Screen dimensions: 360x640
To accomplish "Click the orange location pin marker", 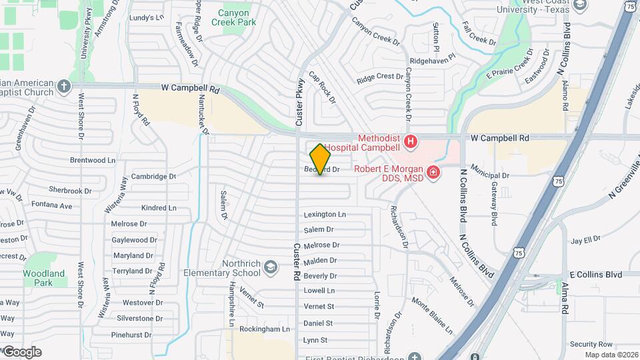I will (x=321, y=159).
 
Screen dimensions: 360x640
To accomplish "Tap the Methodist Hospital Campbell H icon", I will (x=411, y=141).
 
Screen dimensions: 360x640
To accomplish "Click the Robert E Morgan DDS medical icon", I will (x=433, y=173).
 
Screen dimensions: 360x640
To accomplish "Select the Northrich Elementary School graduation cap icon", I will (x=271, y=268).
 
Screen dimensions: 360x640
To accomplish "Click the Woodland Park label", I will (x=44, y=277).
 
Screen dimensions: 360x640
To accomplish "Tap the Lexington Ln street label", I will (x=325, y=215).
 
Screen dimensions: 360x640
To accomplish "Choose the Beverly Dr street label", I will (x=320, y=276).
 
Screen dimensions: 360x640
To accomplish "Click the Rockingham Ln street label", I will (x=265, y=329).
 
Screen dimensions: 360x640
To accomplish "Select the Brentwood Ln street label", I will (x=93, y=161).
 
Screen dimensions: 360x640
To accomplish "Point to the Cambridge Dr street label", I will (x=153, y=177).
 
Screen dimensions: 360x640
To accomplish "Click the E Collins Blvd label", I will (x=595, y=275).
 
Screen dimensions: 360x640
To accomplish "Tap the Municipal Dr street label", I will (x=490, y=175).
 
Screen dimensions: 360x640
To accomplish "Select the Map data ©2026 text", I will (x=611, y=355).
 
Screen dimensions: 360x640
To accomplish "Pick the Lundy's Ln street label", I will (x=147, y=18).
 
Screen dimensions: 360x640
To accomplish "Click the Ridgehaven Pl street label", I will (x=431, y=60).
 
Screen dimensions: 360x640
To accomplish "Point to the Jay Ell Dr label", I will (x=585, y=239).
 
